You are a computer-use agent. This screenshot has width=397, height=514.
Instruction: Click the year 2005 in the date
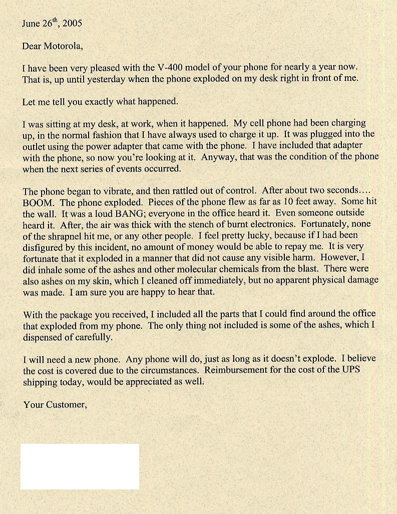(x=73, y=24)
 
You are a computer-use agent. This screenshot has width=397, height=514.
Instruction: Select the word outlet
(x=34, y=146)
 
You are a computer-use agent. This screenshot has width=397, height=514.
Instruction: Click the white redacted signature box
(x=80, y=466)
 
